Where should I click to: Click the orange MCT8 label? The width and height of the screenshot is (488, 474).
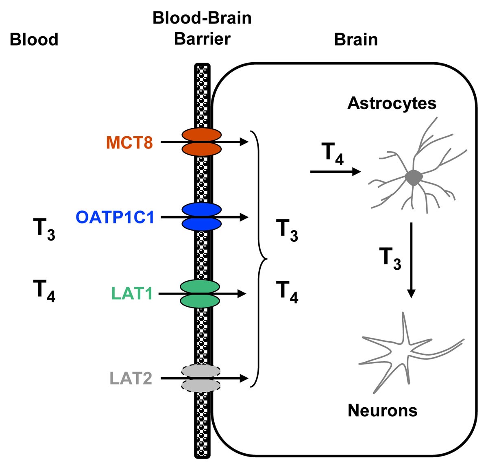(x=129, y=143)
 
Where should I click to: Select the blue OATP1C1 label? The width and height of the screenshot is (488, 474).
(x=115, y=217)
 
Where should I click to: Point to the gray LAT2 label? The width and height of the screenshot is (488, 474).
(x=131, y=379)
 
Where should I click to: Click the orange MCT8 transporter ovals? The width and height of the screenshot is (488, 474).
(x=202, y=142)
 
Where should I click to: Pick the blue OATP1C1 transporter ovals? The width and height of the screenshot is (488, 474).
(x=202, y=217)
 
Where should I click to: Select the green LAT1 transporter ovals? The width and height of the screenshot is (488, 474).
(x=200, y=293)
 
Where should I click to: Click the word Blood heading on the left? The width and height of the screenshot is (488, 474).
(x=34, y=40)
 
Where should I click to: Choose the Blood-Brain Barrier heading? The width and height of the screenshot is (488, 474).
(x=202, y=28)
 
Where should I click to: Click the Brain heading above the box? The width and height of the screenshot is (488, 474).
(x=356, y=40)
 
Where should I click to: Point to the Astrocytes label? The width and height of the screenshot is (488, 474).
(x=392, y=103)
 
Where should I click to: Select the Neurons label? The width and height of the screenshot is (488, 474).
(x=382, y=411)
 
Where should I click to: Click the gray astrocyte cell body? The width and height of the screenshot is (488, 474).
(x=414, y=178)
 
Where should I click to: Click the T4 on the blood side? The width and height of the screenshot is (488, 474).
(x=44, y=291)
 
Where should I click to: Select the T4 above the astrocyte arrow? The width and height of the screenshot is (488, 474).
(x=332, y=154)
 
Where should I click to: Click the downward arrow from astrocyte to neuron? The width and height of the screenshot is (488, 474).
(x=411, y=260)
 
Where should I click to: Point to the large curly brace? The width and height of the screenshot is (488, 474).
(x=259, y=258)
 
